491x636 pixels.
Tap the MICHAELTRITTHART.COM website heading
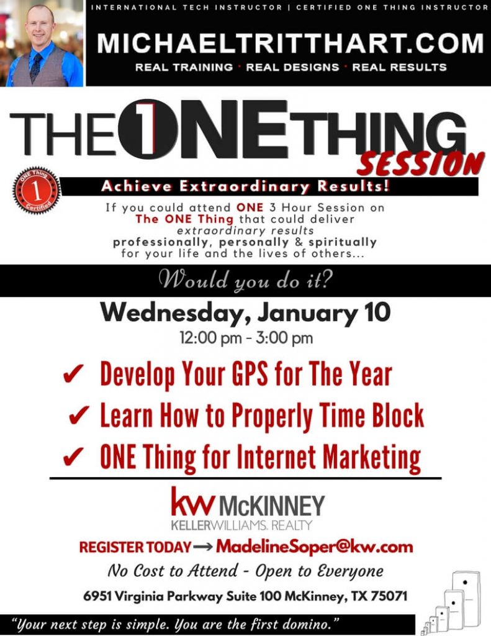(291, 43)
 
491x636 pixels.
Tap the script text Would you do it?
(246, 281)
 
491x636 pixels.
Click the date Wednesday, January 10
(246, 312)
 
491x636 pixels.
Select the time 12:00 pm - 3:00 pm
(246, 339)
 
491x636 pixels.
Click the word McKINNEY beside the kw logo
(272, 506)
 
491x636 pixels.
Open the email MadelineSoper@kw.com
(314, 547)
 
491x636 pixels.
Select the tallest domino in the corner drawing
(466, 597)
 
